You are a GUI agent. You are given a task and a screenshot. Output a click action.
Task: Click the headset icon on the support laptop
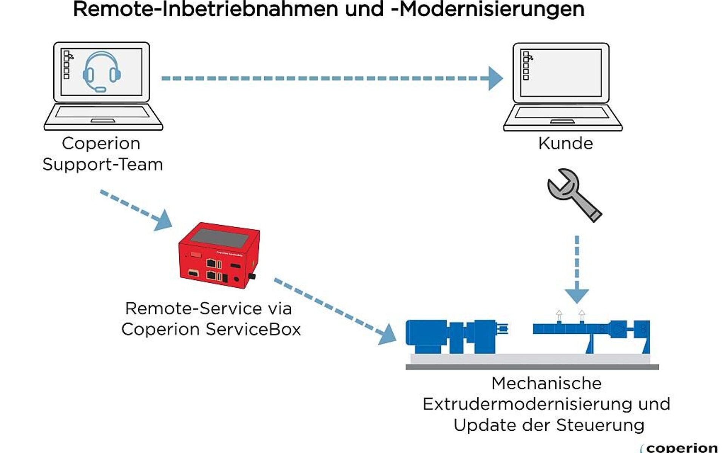(x=102, y=72)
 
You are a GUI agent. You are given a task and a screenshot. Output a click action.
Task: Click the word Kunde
(x=565, y=143)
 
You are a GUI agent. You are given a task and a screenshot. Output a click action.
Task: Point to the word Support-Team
(x=103, y=165)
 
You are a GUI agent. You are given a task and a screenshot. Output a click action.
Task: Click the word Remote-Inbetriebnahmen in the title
(x=205, y=9)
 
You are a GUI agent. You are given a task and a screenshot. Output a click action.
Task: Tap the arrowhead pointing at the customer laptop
(x=495, y=79)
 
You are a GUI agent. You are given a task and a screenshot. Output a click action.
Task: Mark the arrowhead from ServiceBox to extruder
(x=387, y=334)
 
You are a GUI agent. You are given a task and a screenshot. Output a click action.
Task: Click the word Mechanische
(x=546, y=384)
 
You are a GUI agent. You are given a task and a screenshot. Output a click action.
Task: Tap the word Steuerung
(x=600, y=425)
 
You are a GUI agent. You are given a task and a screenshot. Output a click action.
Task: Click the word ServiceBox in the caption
(x=253, y=329)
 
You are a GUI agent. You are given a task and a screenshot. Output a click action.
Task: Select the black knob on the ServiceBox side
(x=252, y=276)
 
